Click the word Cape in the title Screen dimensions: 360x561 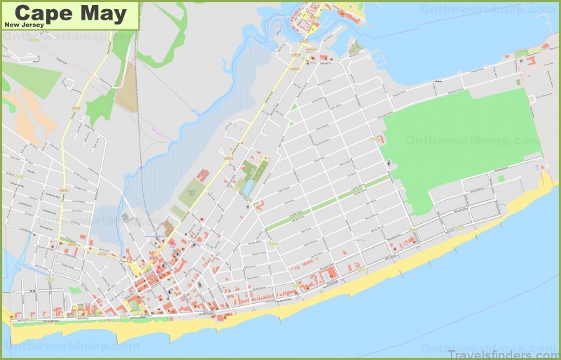click(39, 13)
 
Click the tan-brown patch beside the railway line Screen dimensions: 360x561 click(127, 88)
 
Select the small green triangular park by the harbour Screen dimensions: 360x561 click(356, 48)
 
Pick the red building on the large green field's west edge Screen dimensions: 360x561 click(381, 140)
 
